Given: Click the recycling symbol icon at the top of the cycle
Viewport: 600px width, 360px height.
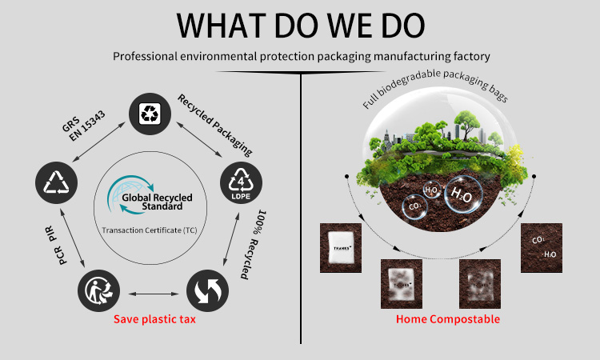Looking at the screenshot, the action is [x=150, y=114].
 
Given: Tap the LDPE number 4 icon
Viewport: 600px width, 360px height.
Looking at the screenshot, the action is [x=241, y=182].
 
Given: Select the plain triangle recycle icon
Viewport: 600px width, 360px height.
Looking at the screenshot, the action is [x=57, y=182].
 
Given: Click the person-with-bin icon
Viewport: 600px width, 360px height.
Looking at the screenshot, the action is [x=98, y=290].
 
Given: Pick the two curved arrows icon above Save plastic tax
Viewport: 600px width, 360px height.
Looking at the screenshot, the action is [x=207, y=290].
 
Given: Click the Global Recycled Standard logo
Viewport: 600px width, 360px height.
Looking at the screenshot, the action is [x=150, y=194].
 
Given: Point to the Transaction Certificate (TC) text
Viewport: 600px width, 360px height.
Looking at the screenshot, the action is [x=150, y=230].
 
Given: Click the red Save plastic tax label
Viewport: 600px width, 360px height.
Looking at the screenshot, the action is [x=154, y=319].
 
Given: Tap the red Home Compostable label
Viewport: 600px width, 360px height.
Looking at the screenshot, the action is [x=448, y=319].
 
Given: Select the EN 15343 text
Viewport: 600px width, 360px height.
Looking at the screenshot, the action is [x=87, y=126].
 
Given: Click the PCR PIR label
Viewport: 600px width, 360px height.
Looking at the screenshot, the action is [x=57, y=246].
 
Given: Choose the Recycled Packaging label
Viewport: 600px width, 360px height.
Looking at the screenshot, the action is [x=214, y=126].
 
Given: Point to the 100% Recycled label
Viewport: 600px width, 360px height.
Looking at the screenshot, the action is [x=254, y=244].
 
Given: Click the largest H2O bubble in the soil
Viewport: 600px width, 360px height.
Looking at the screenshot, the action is [x=463, y=194].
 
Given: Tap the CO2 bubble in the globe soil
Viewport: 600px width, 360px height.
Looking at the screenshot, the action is [x=415, y=206].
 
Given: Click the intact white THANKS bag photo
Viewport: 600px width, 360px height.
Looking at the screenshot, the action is [x=341, y=248].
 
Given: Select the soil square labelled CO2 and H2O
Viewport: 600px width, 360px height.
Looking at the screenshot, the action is [x=542, y=248].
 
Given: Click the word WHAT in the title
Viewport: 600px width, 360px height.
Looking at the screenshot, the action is [x=221, y=26].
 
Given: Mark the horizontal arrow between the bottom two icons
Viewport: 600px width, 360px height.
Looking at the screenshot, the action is [x=154, y=294].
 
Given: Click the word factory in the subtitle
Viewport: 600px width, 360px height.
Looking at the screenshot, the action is [x=471, y=57].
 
